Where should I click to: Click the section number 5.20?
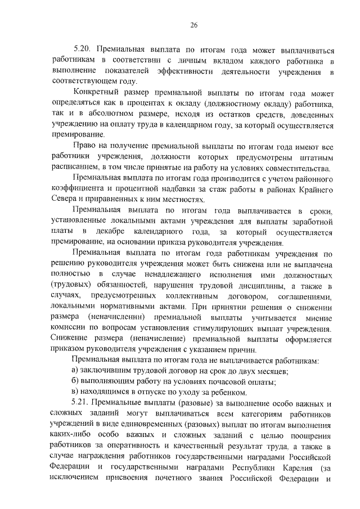coord(83,49)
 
